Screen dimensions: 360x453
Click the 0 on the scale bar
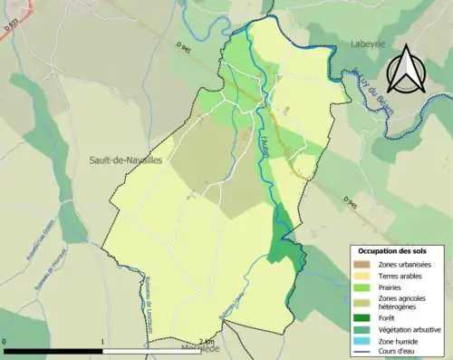[6, 342]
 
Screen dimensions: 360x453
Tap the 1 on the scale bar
[102, 342]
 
